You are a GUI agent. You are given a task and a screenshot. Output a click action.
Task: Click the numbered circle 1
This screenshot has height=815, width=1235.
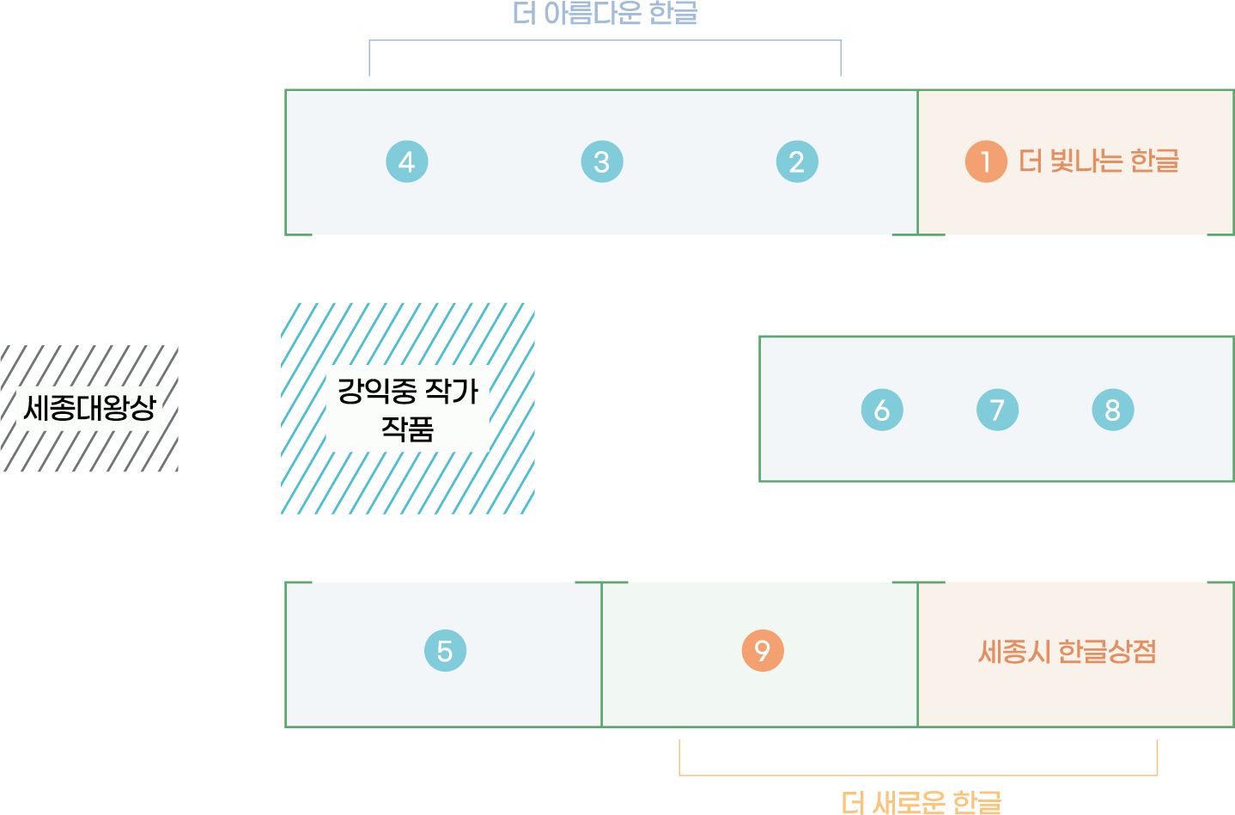pos(986,161)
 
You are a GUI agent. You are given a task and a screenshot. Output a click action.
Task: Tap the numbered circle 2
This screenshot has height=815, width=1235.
pos(797,161)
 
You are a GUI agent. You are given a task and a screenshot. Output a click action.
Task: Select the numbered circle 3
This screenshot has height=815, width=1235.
pos(602,161)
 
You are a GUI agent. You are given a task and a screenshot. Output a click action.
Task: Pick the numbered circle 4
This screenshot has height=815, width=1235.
pos(407,161)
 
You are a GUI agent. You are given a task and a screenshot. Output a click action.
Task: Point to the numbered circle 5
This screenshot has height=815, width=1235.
pos(445,651)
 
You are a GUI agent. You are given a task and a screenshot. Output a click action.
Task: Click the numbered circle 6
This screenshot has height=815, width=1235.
pos(882,410)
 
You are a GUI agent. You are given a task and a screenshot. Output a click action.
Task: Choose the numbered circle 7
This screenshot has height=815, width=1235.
pos(997,410)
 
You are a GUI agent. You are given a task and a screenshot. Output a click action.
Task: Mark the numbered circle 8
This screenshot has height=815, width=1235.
pos(1113,410)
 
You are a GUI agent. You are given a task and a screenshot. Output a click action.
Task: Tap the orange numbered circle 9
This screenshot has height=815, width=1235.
pos(763,650)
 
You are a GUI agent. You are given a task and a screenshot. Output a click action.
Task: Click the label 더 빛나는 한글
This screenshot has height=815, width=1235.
pos(1098,161)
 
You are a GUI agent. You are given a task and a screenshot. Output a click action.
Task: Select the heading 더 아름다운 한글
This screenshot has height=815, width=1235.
pos(605,14)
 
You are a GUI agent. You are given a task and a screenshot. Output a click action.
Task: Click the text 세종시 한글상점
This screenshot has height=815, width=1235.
pos(1067,652)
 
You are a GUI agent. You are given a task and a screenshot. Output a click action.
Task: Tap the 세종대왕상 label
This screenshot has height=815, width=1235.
pos(90,408)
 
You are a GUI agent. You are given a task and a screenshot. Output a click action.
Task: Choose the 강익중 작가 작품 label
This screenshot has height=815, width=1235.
pos(407,409)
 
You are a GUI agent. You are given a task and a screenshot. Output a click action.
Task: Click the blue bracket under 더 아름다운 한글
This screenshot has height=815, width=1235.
pos(605,41)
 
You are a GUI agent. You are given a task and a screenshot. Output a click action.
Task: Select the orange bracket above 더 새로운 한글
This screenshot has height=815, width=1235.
pos(917,775)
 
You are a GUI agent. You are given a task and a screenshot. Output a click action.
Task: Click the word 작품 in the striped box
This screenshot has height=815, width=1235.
pos(407,429)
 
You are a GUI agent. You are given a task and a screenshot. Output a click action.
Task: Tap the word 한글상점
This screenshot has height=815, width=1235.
pos(1107,652)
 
